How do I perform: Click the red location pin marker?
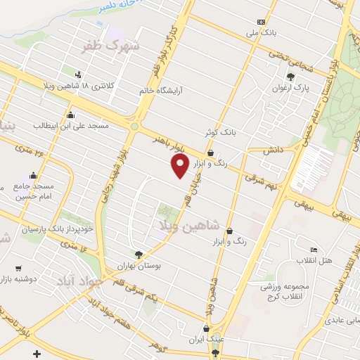(181, 166)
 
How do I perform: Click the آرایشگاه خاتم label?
(146, 89)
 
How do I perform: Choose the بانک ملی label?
(270, 32)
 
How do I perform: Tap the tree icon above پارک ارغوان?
(290, 77)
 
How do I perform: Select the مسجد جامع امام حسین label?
(32, 192)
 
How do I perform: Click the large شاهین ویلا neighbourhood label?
(190, 225)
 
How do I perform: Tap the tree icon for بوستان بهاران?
(139, 255)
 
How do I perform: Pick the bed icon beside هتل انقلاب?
(314, 250)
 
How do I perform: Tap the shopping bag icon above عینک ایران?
(205, 328)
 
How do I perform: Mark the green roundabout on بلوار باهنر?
(134, 127)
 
